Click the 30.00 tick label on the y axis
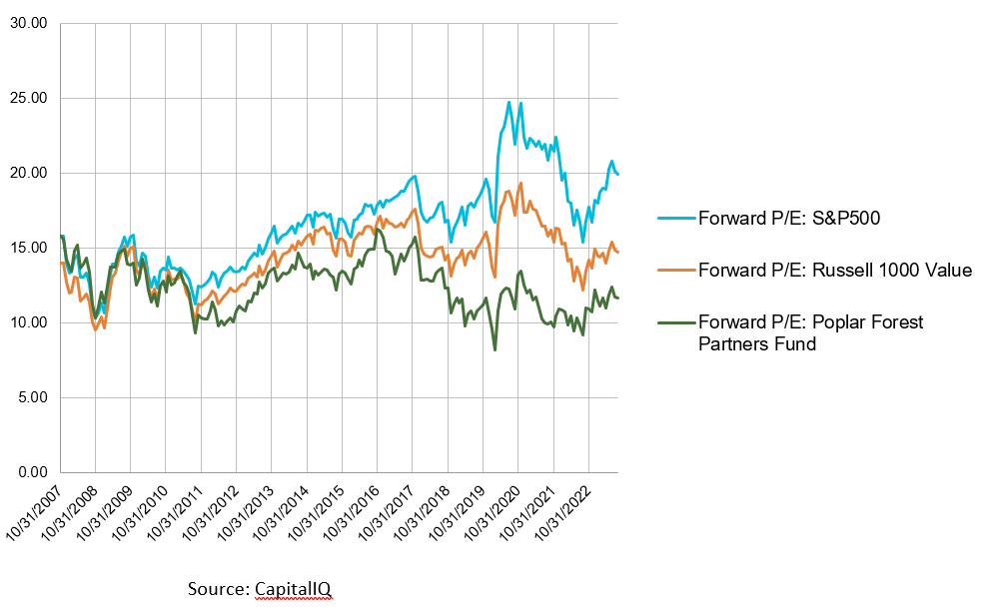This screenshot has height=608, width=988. coord(30,24)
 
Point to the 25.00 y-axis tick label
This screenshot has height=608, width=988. coord(30,99)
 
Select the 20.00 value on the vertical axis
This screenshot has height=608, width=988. coord(30,174)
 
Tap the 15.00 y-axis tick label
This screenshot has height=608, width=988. coord(30,248)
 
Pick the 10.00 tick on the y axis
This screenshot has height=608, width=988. coord(30,322)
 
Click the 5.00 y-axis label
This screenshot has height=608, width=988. coord(33,397)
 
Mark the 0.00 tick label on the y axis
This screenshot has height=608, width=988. coord(33,472)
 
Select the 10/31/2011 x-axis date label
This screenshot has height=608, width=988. coord(177,515)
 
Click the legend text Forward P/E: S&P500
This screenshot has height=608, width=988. coord(789,219)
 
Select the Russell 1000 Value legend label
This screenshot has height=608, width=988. coord(834,271)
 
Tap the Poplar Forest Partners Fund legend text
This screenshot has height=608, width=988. coord(810,332)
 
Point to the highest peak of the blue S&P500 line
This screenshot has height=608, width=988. coord(509,102)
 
